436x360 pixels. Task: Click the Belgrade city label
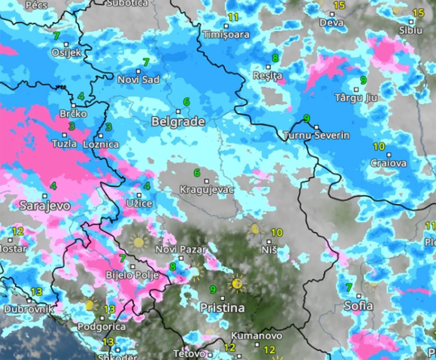pos(178,122)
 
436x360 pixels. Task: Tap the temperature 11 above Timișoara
pos(233,17)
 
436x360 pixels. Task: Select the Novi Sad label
pos(138,80)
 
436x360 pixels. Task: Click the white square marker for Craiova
pos(389,155)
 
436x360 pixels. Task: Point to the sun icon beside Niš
pos(255,229)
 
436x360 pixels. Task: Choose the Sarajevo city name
pos(45,205)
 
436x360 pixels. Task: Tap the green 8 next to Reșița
pos(275,58)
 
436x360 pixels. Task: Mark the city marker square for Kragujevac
pos(207,181)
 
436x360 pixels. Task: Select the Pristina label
pos(222,308)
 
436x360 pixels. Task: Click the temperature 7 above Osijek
pos(56,36)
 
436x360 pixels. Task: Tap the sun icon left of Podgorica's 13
pos(89,305)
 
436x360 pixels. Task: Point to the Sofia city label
pos(358,306)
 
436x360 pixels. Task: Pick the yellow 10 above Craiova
pos(379,147)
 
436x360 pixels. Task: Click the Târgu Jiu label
pos(355,98)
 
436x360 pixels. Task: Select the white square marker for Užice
pos(139,195)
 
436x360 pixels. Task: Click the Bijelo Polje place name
pos(132,275)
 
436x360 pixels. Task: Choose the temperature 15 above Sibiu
pos(418,13)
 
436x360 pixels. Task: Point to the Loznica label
pos(101,144)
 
